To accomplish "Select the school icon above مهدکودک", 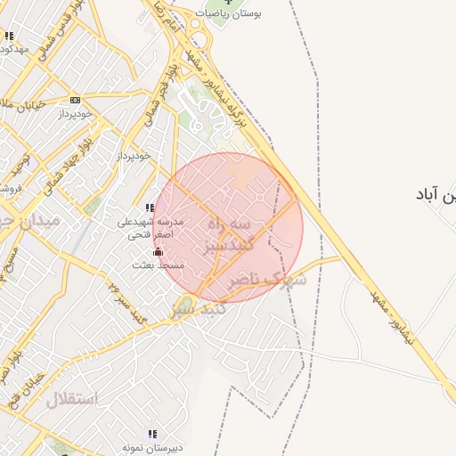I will point(9,36).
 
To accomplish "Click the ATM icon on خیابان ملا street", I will point(75,100).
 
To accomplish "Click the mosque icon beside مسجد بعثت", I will point(159,252).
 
